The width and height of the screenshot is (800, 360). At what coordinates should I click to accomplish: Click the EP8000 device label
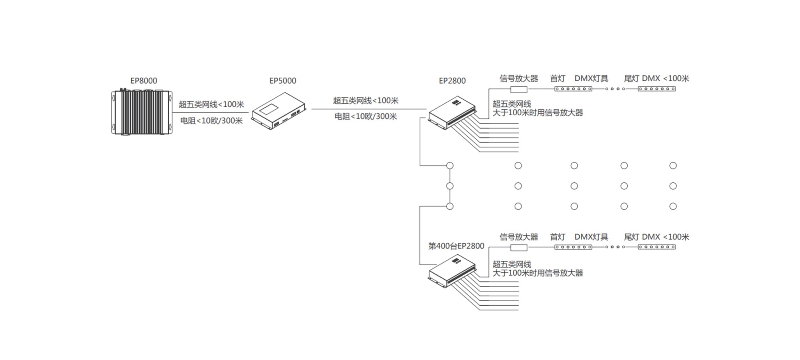(144, 81)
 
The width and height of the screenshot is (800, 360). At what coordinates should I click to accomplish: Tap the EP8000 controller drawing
(142, 112)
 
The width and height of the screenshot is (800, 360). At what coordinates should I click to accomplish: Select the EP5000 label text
(283, 81)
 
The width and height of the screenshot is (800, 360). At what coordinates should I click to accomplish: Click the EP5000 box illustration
(279, 111)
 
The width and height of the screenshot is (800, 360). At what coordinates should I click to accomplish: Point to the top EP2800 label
(452, 81)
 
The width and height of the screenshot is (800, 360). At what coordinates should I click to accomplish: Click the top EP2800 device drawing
(452, 113)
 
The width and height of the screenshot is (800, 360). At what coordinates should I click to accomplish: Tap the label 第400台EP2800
(456, 246)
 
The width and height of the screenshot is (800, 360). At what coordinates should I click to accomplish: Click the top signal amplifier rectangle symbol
(519, 89)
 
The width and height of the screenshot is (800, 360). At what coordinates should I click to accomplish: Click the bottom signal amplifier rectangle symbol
(519, 248)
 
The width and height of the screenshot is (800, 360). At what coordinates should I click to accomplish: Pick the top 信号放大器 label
(519, 78)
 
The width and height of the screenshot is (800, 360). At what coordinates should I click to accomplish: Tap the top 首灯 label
(558, 78)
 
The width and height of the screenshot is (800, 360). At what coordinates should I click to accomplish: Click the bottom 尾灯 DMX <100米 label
(656, 237)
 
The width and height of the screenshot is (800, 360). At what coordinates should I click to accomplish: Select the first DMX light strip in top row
(573, 89)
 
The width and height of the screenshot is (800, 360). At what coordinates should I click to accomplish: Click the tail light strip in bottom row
(657, 247)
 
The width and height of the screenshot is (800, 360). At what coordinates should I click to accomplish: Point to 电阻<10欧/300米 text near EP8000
(211, 121)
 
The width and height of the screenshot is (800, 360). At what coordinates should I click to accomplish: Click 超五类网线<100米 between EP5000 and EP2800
(366, 100)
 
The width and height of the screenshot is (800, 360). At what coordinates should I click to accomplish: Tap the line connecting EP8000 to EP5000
(210, 112)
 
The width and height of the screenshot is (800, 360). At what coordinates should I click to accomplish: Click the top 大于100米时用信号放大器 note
(538, 113)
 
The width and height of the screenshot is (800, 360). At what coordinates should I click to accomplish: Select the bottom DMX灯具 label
(591, 237)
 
